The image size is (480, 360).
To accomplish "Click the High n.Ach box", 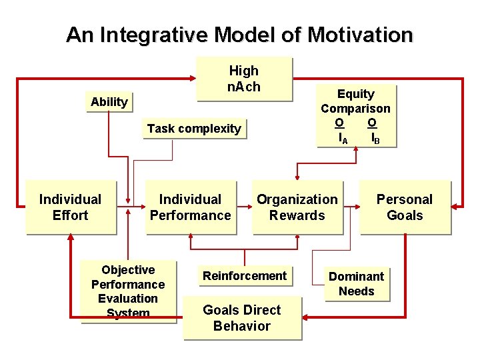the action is [244, 79].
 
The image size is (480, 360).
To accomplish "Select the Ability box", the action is [109, 102].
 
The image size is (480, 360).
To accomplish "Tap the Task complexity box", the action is [194, 129].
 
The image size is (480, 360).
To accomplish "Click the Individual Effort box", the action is [70, 207].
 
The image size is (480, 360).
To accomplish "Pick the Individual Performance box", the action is [190, 207].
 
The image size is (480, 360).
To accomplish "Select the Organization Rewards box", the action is [297, 207].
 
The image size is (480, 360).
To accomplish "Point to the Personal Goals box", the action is [405, 207].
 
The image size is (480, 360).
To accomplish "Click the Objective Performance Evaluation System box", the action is [128, 291].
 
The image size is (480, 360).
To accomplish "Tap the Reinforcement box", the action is [245, 276].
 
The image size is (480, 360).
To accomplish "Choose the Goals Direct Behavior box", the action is [241, 318].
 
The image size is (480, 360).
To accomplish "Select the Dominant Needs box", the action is [356, 284].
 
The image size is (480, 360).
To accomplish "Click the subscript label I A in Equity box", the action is [343, 139].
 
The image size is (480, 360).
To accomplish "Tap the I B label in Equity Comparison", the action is [375, 139].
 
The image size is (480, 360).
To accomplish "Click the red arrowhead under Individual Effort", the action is [70, 241].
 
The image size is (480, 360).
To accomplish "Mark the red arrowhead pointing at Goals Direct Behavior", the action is [307, 318].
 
